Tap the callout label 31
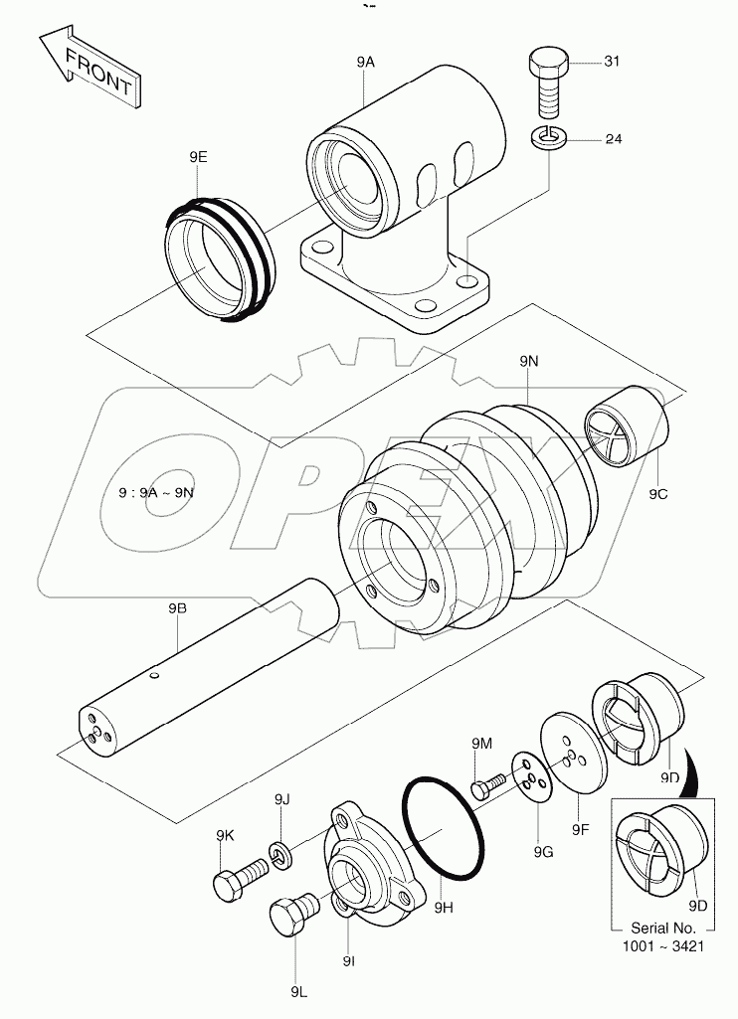point(612,63)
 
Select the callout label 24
point(613,138)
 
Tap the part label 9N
point(528,364)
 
